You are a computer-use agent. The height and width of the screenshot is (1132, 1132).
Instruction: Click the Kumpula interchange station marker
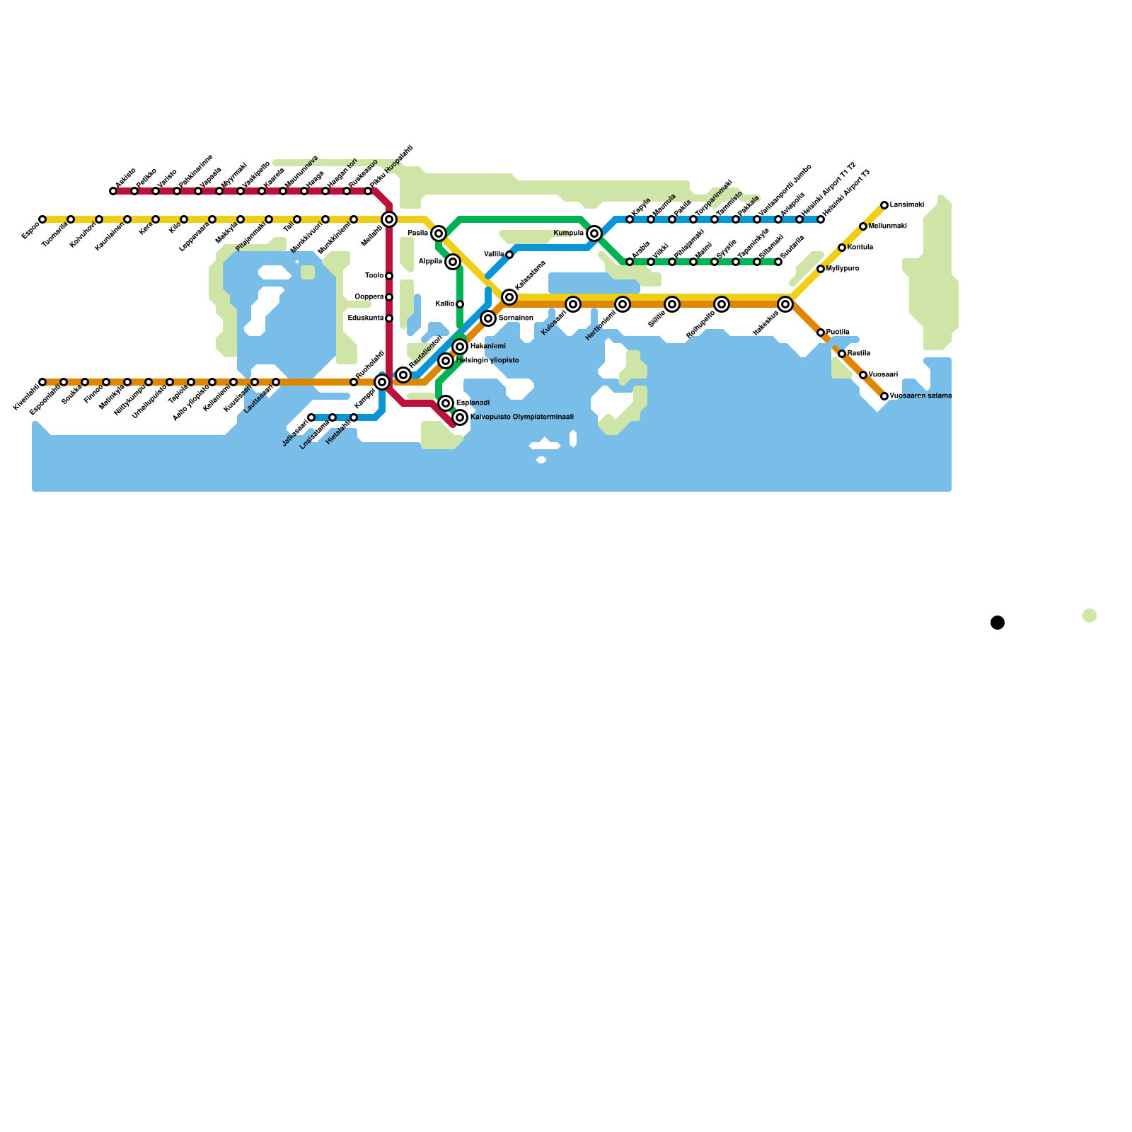pos(594,233)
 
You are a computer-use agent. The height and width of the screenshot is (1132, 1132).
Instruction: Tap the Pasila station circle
pos(439,233)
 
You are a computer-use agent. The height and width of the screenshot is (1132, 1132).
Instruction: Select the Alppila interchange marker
pos(453,262)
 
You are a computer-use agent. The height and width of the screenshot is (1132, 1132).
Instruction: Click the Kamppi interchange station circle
pos(382,382)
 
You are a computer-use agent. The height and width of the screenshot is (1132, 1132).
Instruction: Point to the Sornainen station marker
pos(488,318)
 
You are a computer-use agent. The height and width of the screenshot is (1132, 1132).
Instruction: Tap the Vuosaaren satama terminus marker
pos(884,396)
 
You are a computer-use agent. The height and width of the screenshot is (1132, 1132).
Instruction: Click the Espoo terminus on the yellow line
pos(42,219)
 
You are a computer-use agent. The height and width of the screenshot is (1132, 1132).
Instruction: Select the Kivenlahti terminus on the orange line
pos(42,382)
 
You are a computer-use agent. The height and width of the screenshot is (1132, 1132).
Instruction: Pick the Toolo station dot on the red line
pos(389,276)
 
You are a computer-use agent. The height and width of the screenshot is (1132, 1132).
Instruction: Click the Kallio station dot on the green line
pos(460,304)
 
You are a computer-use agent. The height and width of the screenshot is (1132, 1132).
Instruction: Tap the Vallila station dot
pos(509,255)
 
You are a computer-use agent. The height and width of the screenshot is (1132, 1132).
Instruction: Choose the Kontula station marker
pos(842,248)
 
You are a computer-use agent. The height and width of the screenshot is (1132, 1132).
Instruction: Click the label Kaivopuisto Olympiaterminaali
pos(521,417)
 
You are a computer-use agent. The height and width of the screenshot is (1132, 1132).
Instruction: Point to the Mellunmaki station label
pos(887,226)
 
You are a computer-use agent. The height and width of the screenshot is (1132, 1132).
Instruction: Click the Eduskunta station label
pos(366,318)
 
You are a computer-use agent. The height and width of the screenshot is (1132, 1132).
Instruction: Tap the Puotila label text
pos(838,333)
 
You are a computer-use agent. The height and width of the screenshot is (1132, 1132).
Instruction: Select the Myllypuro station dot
pos(821,269)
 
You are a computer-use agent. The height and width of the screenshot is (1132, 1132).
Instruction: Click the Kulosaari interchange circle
pos(573,304)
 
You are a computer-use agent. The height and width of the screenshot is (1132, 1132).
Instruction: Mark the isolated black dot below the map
pos(998,623)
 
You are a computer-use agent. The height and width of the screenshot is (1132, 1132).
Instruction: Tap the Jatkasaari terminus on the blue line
pos(311,417)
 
